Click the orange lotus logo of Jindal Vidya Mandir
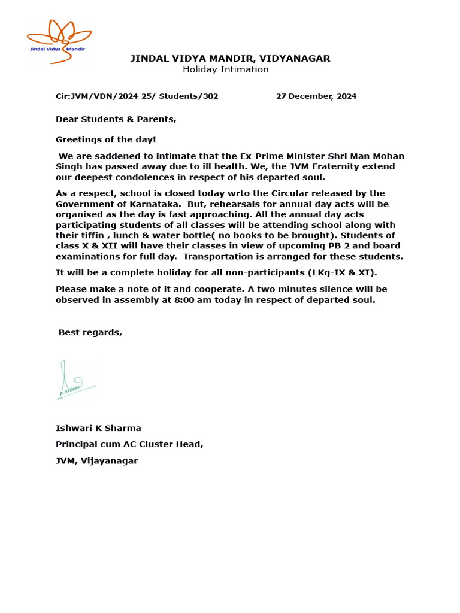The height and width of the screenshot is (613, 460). (58, 40)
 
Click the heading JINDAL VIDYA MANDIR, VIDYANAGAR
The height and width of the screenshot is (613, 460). (230, 58)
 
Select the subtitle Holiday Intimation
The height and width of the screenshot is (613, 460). (225, 69)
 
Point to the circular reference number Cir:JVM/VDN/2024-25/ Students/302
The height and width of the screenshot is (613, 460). (137, 96)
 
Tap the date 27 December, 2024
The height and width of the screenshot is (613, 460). (316, 96)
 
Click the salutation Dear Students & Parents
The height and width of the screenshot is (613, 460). (116, 119)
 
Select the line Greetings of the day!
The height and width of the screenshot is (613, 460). (105, 139)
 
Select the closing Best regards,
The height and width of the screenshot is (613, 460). (90, 333)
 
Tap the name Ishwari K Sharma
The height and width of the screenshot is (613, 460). (98, 428)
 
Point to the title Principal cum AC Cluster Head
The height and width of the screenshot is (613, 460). (129, 444)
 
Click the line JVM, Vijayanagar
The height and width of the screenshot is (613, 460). (96, 461)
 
